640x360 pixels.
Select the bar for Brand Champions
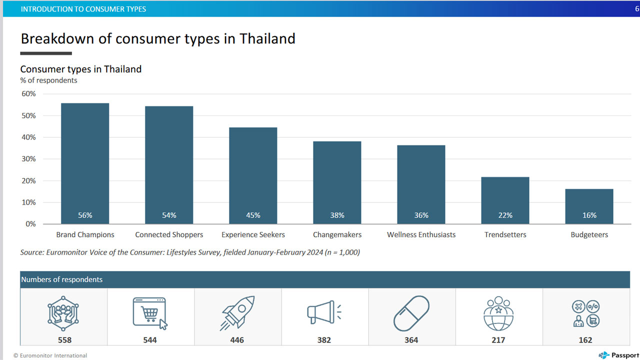pyautogui.click(x=85, y=163)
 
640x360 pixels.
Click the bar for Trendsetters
pyautogui.click(x=505, y=200)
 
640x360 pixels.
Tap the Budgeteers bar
pyautogui.click(x=589, y=206)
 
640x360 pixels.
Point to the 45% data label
pyautogui.click(x=253, y=215)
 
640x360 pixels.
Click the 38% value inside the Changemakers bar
pyautogui.click(x=337, y=215)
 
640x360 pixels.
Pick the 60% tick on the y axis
pyautogui.click(x=28, y=93)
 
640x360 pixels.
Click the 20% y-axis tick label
pyautogui.click(x=28, y=181)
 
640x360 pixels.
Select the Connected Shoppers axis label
pyautogui.click(x=169, y=234)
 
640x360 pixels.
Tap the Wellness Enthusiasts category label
pyautogui.click(x=421, y=234)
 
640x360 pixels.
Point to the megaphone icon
pyautogui.click(x=324, y=312)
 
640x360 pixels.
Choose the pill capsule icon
pyautogui.click(x=411, y=313)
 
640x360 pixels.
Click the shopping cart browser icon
pyautogui.click(x=150, y=313)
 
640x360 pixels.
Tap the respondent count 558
pyautogui.click(x=64, y=340)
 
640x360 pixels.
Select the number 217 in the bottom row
pyautogui.click(x=498, y=340)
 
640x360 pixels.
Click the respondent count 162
pyautogui.click(x=585, y=340)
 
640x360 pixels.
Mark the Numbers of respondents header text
pyautogui.click(x=61, y=279)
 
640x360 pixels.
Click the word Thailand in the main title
pyautogui.click(x=267, y=38)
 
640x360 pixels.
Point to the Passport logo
pyautogui.click(x=618, y=355)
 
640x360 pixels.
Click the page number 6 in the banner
pyautogui.click(x=637, y=9)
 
